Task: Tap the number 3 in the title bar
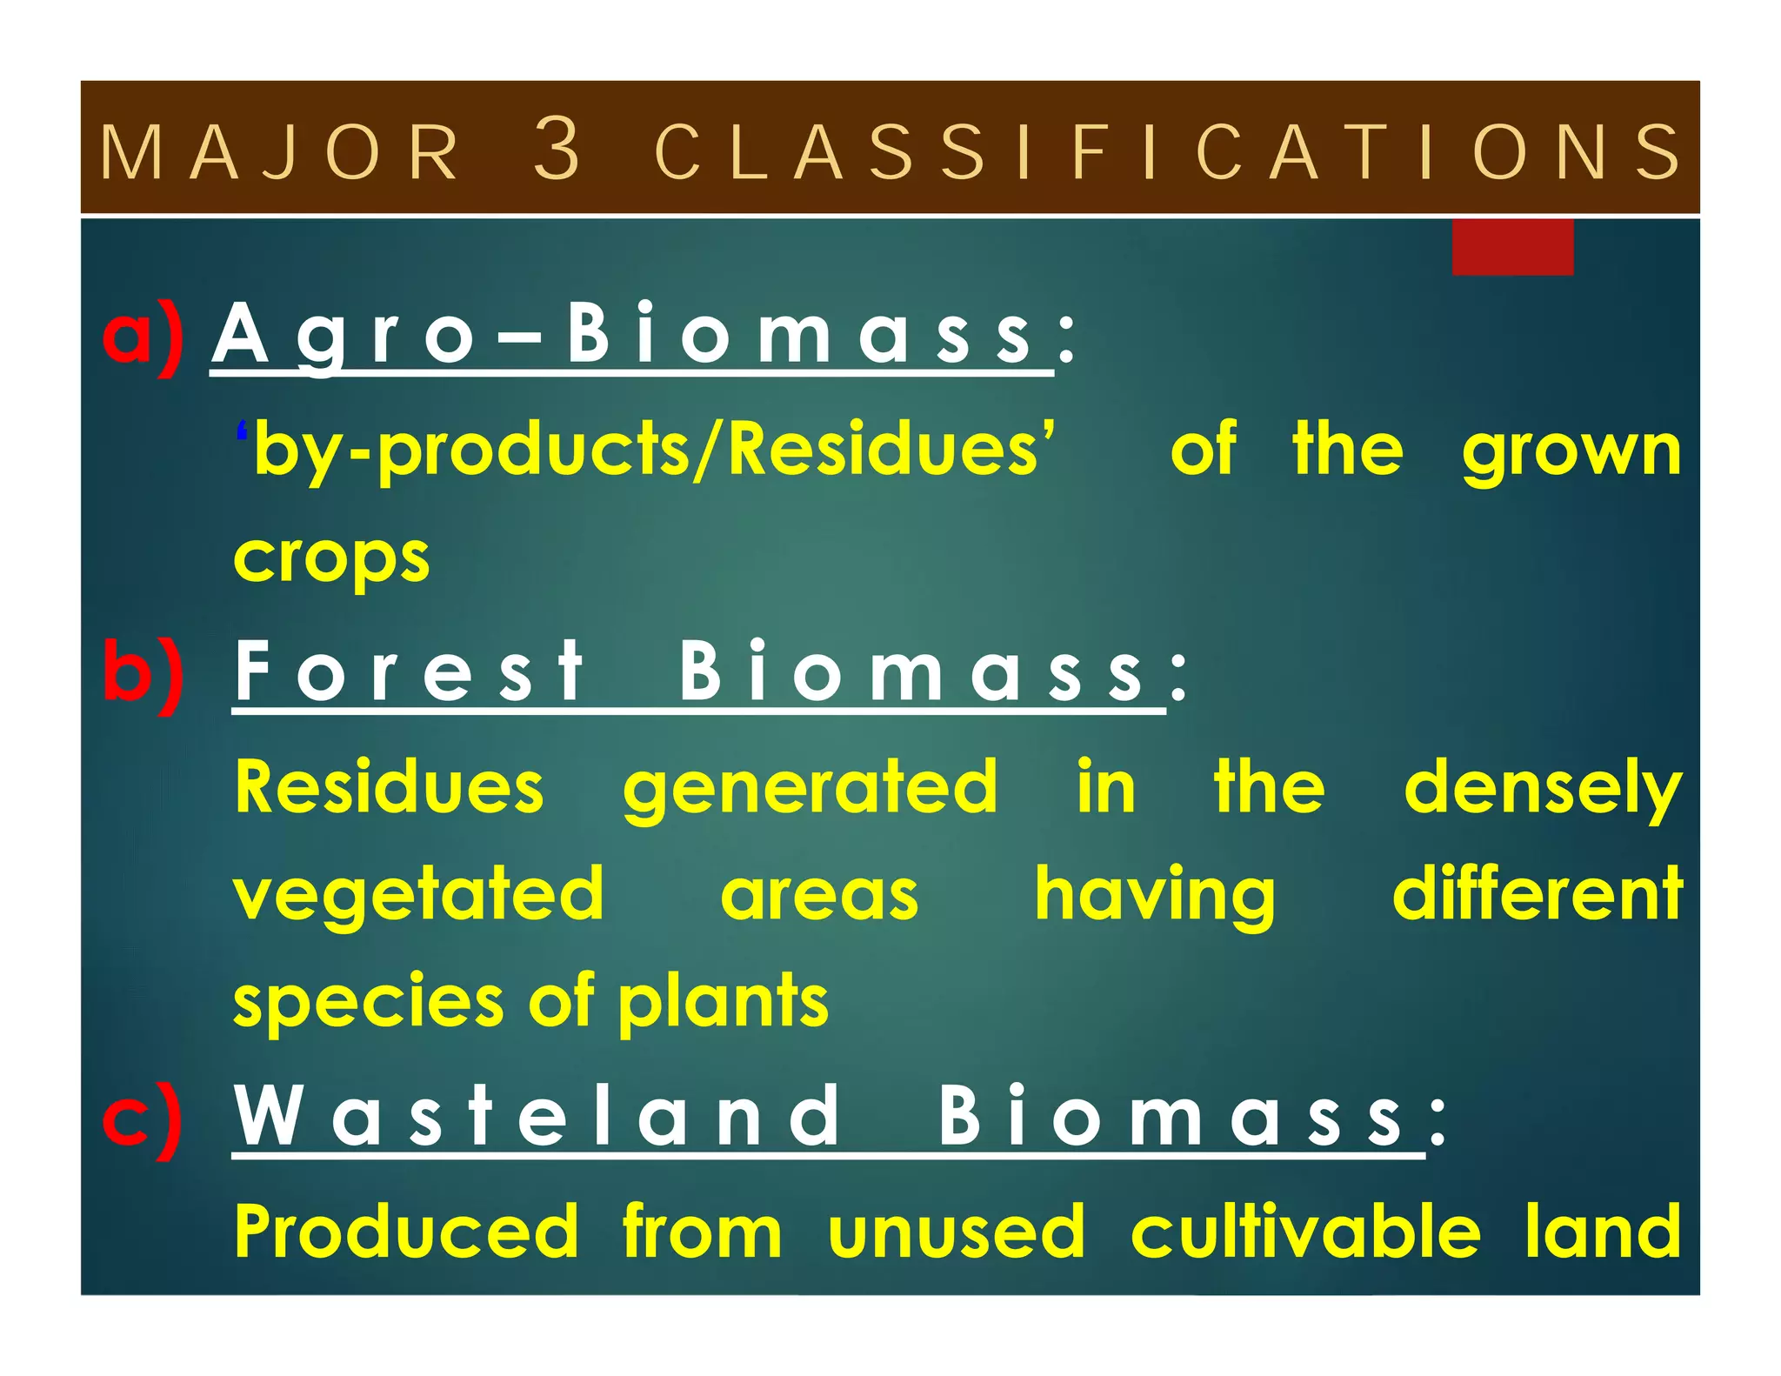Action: pos(557,150)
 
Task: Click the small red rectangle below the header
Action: pos(1512,248)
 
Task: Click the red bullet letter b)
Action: pos(143,674)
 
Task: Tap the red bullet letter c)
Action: pos(143,1120)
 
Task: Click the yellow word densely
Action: pos(1543,788)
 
